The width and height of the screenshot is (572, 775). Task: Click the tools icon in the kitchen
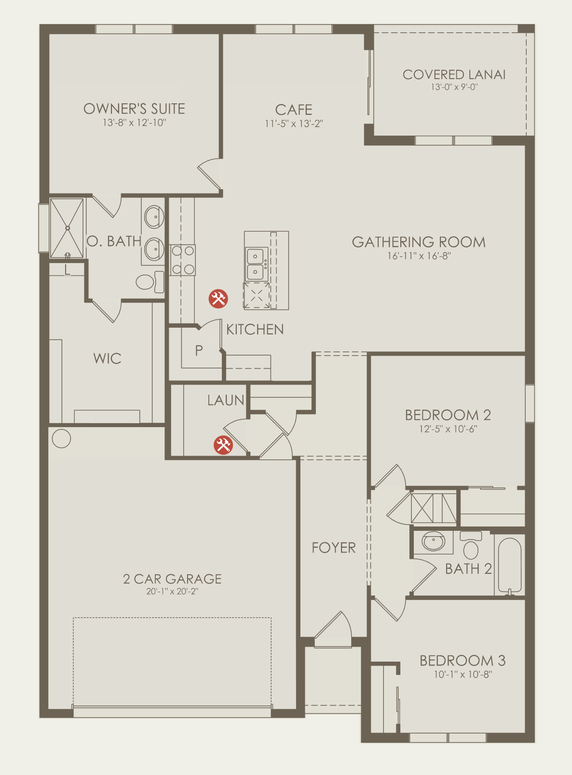(218, 299)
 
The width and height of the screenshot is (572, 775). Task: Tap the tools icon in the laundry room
(223, 445)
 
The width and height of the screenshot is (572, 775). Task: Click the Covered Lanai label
(454, 74)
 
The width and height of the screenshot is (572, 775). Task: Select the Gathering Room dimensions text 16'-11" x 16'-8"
(419, 256)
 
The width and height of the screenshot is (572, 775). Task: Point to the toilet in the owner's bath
(150, 281)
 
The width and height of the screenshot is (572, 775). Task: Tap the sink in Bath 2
(434, 541)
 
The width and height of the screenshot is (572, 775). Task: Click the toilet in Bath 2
(471, 545)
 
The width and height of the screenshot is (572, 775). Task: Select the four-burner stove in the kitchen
(183, 260)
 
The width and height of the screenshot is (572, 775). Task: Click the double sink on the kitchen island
(256, 264)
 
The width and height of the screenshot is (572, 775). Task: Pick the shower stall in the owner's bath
(67, 228)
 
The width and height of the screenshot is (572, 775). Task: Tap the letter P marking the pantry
(199, 350)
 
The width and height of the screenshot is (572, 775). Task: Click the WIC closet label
(107, 359)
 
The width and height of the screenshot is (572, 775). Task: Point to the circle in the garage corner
(61, 439)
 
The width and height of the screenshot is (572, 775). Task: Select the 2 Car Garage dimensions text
(172, 591)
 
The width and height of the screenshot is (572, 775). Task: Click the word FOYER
(333, 548)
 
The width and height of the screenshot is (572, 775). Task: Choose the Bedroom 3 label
(463, 661)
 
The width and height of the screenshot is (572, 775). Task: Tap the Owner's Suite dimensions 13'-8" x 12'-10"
(135, 123)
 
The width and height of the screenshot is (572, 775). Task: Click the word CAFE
(294, 110)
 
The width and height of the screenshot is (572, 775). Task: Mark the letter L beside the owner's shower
(68, 270)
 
